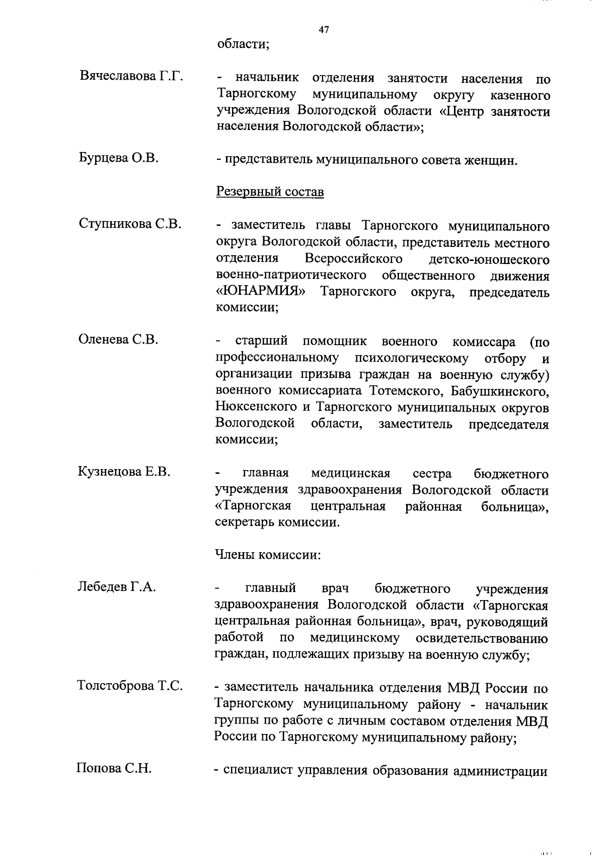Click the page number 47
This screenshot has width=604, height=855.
[x=324, y=30]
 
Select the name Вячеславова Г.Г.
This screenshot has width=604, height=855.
[x=131, y=77]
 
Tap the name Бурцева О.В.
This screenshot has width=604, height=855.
[x=119, y=158]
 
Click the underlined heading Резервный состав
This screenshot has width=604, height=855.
[x=270, y=192]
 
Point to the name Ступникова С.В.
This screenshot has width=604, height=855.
[x=130, y=224]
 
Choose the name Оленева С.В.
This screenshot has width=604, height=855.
[x=118, y=340]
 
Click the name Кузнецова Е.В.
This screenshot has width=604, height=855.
[x=124, y=472]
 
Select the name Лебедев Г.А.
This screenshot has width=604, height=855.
[x=117, y=586]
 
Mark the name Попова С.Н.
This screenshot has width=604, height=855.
[x=114, y=768]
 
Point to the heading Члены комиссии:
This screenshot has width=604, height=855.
[x=268, y=555]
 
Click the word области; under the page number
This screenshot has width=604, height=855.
[x=244, y=44]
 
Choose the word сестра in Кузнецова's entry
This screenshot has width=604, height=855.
[x=432, y=474]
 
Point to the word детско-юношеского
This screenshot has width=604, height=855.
[x=489, y=259]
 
